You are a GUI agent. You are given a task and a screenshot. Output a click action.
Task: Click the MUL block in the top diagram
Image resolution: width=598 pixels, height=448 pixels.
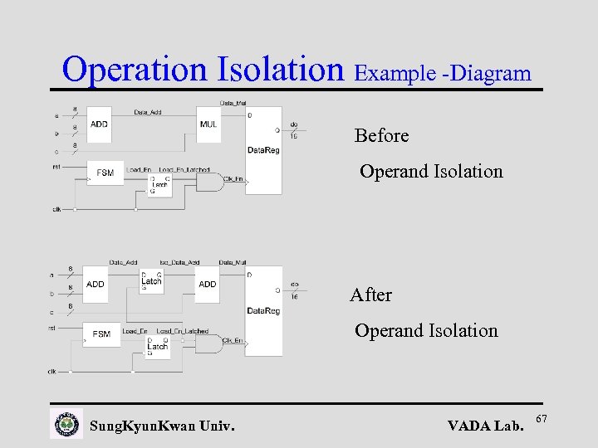[x=208, y=124]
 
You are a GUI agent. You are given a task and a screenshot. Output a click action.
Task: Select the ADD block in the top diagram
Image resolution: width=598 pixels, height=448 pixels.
[x=100, y=124]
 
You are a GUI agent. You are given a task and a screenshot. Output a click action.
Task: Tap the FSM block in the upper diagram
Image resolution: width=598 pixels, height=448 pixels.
[x=105, y=173]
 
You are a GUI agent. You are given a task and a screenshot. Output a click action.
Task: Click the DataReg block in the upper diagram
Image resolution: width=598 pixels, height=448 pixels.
[x=263, y=149]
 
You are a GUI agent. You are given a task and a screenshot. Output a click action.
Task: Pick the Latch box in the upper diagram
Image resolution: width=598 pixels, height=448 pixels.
[x=159, y=185]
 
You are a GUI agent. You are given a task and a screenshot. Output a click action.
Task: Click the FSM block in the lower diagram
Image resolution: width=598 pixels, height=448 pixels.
[x=101, y=334]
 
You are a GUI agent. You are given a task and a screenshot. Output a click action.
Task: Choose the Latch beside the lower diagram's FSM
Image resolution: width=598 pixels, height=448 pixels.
[x=157, y=346]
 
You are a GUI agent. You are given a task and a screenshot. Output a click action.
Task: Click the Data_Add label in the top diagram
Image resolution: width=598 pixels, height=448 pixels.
[x=148, y=111]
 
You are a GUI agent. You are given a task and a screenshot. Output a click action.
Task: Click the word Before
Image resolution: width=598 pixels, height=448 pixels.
[x=381, y=135]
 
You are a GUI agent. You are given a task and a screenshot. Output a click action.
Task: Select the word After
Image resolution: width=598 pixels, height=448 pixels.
[x=370, y=295]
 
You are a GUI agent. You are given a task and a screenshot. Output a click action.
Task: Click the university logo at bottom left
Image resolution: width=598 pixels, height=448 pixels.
[x=66, y=424]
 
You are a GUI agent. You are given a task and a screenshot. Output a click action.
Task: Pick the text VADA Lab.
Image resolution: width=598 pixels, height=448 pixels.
[x=485, y=426]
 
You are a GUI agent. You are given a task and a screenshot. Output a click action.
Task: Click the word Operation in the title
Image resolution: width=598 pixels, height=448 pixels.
[x=137, y=69]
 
